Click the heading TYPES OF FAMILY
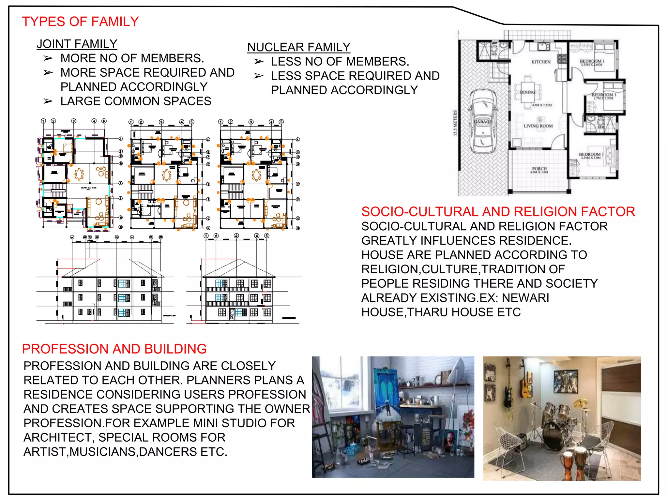80,22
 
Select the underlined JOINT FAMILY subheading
77,44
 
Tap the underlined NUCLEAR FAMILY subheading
298,47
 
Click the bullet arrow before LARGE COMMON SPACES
48,101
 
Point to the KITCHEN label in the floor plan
541,62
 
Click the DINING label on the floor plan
527,92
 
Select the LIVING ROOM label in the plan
538,126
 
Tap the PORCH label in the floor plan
539,169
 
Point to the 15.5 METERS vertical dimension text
455,123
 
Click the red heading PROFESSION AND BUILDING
114,349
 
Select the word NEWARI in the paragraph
525,298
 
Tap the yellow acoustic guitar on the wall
525,385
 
